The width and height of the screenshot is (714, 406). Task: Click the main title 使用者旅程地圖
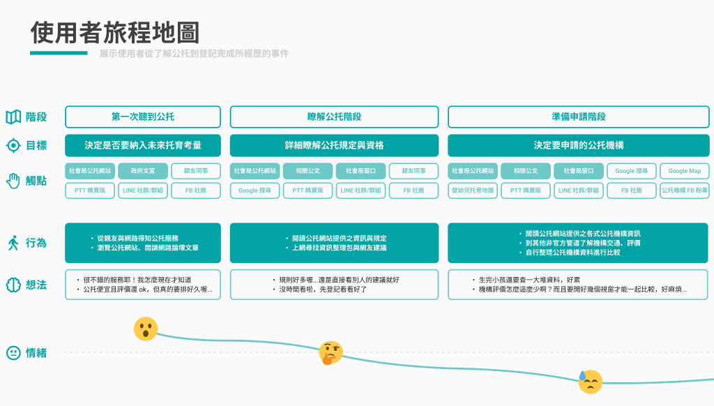[115, 33]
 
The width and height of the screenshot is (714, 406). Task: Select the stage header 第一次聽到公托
[143, 116]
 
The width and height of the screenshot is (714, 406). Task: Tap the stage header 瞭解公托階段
[334, 116]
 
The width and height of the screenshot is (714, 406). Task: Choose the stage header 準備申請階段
[578, 116]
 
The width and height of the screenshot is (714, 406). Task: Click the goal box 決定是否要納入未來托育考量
[143, 145]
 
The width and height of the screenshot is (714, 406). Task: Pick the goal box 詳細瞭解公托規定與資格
[334, 145]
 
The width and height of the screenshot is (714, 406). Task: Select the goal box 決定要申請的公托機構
[578, 145]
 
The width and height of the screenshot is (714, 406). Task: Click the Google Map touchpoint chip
[684, 171]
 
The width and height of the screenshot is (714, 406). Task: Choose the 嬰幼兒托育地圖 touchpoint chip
[473, 190]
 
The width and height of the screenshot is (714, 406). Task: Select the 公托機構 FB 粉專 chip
[684, 190]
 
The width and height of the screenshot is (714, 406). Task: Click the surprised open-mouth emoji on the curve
[146, 329]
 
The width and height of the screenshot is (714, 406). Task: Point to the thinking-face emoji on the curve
[331, 352]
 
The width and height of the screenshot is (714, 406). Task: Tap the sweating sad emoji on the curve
[590, 382]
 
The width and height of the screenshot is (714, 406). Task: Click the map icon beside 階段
[13, 117]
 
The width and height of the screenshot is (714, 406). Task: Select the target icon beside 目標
[13, 146]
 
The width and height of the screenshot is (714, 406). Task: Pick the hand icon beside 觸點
[13, 181]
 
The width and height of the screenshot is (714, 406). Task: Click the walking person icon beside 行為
[13, 243]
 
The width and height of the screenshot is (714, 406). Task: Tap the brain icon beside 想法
[13, 285]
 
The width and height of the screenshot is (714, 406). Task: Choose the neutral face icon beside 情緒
[13, 353]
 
